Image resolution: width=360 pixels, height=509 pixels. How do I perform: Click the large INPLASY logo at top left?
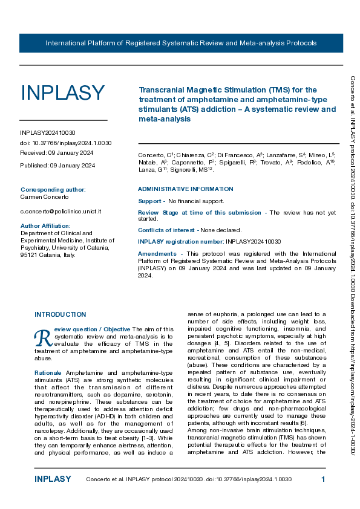click(x=63, y=93)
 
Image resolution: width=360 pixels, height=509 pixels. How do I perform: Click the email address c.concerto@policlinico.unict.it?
click(x=61, y=211)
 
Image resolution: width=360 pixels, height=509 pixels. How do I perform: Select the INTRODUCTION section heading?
click(x=60, y=315)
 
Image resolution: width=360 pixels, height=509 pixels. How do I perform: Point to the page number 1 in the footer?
click(x=324, y=479)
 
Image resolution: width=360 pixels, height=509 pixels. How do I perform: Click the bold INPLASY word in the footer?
click(x=53, y=479)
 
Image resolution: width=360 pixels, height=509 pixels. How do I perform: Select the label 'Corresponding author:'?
click(x=53, y=189)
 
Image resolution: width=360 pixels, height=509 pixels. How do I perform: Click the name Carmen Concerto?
click(x=45, y=197)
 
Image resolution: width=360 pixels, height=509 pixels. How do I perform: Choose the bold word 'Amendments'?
click(x=157, y=253)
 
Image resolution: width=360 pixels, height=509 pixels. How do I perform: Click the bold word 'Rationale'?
click(x=48, y=372)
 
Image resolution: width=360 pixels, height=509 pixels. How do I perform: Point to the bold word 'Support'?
click(x=149, y=201)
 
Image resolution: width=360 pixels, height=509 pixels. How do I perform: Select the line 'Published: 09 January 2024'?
click(x=57, y=165)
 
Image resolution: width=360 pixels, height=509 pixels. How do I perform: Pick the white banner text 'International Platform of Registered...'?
click(x=181, y=44)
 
